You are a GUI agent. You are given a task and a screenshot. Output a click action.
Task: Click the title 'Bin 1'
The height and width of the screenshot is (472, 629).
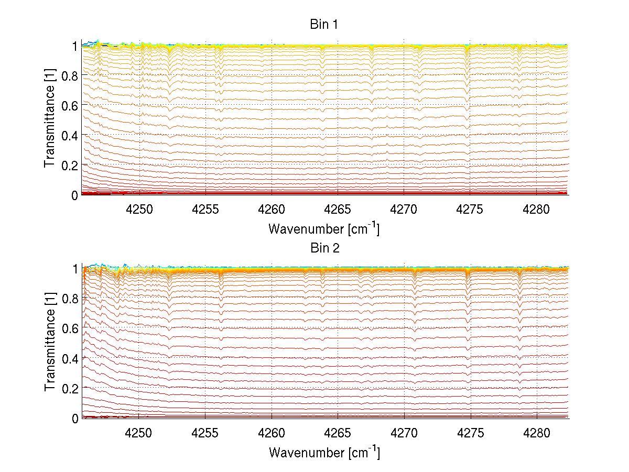click(x=324, y=25)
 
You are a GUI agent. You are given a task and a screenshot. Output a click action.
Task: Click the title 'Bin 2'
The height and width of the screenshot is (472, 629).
click(x=324, y=248)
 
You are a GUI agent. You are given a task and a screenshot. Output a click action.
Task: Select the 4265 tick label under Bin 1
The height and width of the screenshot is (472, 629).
click(x=338, y=209)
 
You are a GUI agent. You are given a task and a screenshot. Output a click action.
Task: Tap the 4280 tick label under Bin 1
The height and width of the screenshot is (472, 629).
click(x=536, y=209)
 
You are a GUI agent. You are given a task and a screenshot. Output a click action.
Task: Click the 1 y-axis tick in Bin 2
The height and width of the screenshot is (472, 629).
click(x=75, y=269)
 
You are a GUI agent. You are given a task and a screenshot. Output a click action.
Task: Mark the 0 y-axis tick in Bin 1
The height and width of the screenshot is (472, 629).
click(x=75, y=195)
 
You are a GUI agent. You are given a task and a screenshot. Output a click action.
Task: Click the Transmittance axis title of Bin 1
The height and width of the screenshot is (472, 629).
click(x=50, y=120)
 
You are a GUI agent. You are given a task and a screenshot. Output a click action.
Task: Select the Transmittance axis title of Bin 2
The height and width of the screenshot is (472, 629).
click(x=50, y=343)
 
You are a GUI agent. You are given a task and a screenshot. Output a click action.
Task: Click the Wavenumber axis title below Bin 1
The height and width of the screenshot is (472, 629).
click(x=324, y=228)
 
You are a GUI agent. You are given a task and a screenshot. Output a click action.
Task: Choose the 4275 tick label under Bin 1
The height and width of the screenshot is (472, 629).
click(x=470, y=209)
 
